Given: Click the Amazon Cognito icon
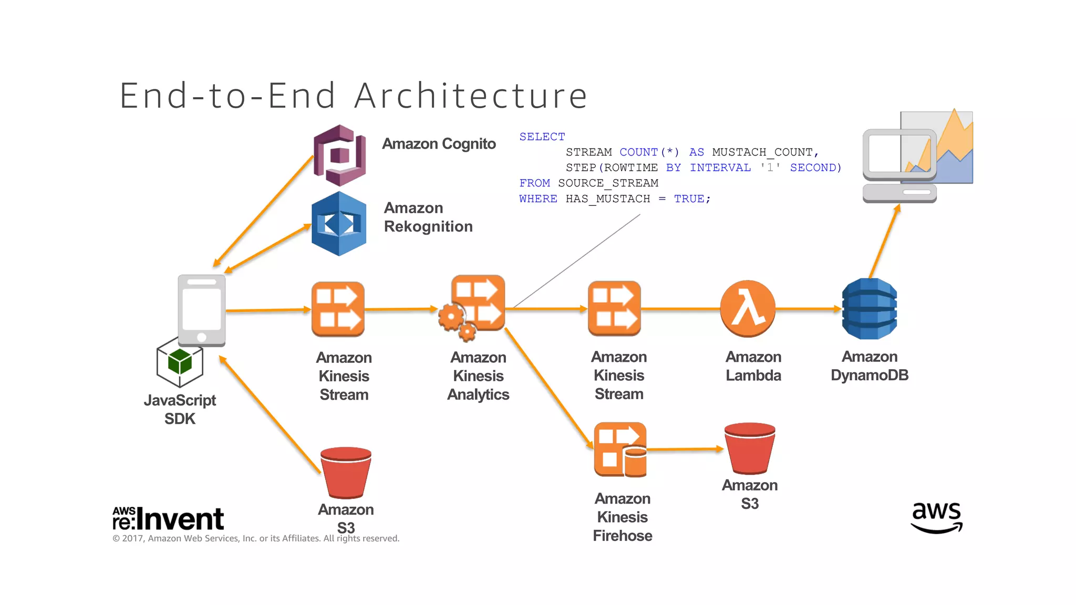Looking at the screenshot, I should [x=339, y=155].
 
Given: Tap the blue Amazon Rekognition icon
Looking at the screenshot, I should [x=339, y=224].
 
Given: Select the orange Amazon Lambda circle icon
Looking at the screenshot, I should [x=748, y=309].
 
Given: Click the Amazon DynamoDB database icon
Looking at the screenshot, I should [x=869, y=309].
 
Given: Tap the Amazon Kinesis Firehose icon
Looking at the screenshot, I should [x=620, y=450].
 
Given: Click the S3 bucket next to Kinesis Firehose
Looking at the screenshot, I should [x=749, y=448].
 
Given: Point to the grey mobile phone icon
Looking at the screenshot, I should [x=202, y=310].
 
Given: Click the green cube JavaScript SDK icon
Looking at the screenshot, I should [x=180, y=362].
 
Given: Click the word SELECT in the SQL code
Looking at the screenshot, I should [x=542, y=137].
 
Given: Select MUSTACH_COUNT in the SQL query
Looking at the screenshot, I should [x=764, y=152].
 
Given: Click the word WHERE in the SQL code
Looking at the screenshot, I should [x=537, y=199].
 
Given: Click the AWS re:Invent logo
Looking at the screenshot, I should [x=168, y=519].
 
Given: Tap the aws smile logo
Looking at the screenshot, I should [x=936, y=517].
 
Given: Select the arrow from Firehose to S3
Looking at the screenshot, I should [x=686, y=449].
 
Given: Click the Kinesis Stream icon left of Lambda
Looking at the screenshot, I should [x=614, y=309].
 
